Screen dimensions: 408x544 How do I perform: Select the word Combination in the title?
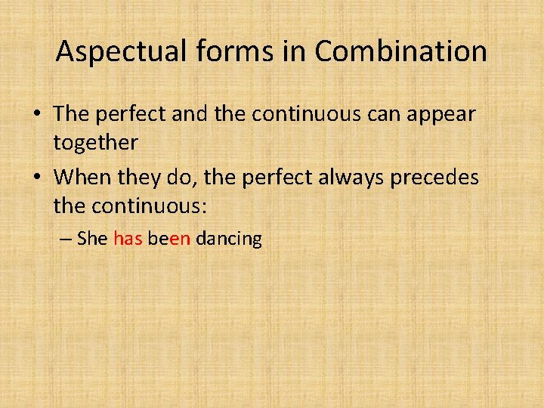tap(400, 51)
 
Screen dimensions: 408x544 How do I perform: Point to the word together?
tap(95, 142)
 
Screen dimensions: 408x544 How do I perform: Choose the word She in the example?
tap(93, 240)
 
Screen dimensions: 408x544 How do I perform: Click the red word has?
tap(128, 240)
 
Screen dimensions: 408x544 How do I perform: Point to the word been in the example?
tap(169, 240)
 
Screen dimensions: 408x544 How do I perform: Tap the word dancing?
tap(229, 240)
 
